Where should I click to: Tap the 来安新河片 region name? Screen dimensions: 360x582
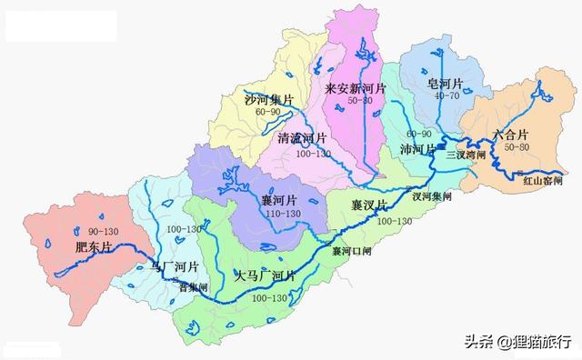356,89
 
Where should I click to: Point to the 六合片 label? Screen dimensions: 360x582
510,134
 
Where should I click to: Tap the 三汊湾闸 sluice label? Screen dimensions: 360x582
467,155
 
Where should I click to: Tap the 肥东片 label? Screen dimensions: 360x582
94,246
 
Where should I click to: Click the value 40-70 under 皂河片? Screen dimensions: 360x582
447,96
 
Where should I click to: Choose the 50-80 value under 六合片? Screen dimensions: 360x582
509,146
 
